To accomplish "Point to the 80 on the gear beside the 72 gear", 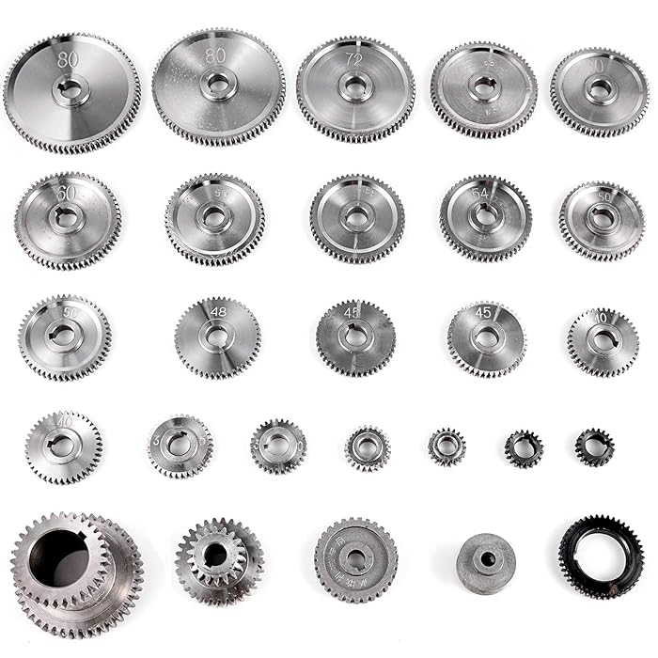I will [x=215, y=55].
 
